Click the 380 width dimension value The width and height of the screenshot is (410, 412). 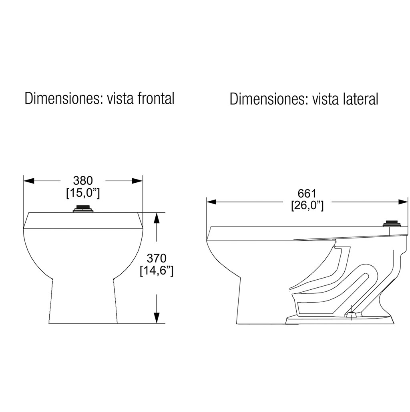83,181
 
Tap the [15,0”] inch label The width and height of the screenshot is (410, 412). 83,193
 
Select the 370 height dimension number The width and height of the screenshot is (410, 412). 157,259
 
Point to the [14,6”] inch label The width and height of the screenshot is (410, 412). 157,271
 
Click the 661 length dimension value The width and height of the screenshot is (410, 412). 307,194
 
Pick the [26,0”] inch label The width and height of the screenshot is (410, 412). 307,206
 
